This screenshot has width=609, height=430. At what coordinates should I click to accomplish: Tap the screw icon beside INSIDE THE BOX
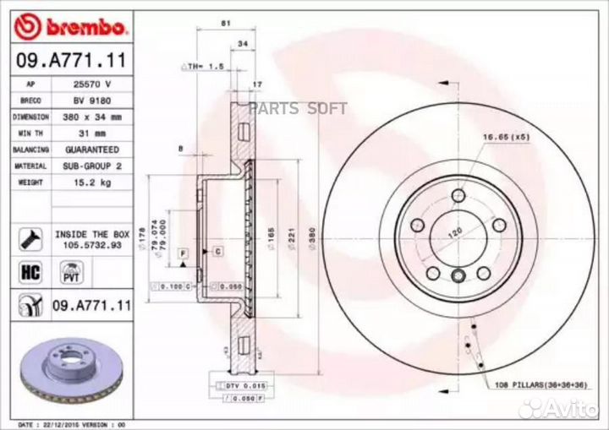click(x=29, y=237)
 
